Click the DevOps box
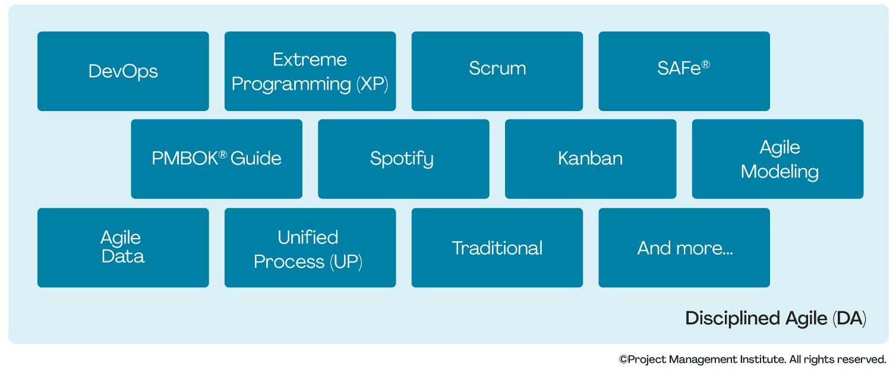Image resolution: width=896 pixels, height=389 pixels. click(123, 71)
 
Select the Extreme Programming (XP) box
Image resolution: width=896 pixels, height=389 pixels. click(310, 71)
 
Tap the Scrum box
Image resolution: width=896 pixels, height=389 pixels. click(497, 71)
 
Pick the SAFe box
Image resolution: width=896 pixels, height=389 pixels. click(684, 71)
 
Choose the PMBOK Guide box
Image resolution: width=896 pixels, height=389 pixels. click(216, 159)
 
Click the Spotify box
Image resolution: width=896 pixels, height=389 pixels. click(403, 159)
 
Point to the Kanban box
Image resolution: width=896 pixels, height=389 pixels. click(590, 159)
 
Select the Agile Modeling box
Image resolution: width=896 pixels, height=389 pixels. click(777, 159)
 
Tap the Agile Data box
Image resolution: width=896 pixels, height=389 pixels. click(123, 247)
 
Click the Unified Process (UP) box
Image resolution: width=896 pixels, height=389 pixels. click(310, 247)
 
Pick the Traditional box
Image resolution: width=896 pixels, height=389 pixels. click(497, 247)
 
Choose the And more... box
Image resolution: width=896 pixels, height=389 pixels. click(684, 247)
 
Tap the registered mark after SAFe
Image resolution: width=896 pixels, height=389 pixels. click(705, 65)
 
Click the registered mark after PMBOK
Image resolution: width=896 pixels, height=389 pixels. click(223, 154)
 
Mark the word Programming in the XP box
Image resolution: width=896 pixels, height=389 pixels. click(291, 84)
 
